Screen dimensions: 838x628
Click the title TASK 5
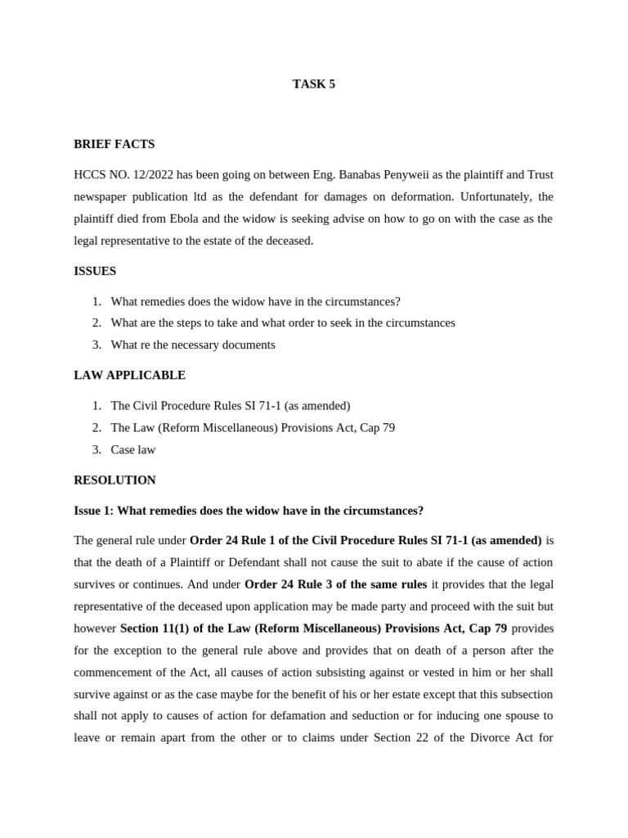[x=314, y=83]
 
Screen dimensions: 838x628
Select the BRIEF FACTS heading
[x=114, y=144]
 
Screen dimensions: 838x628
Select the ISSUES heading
[x=95, y=271]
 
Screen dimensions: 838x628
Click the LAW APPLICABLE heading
[x=129, y=375]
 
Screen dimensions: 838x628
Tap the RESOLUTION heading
[x=114, y=480]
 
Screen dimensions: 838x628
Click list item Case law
[x=132, y=449]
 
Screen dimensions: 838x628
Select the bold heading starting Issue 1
[x=249, y=511]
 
